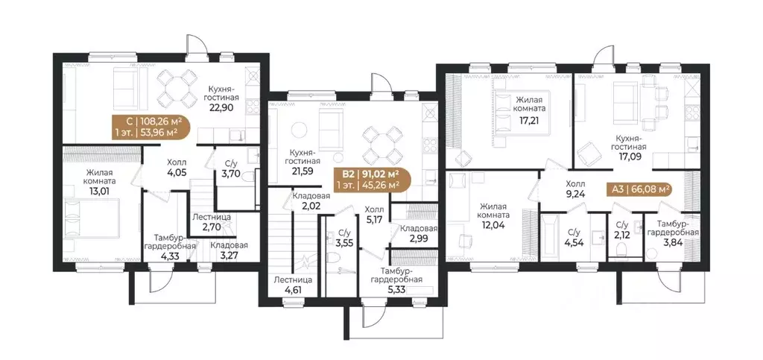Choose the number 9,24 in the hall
tap(575, 193)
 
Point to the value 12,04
tap(493, 224)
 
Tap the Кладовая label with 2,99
tap(419, 228)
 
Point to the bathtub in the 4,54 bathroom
tap(551, 239)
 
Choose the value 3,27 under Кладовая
tap(229, 254)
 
